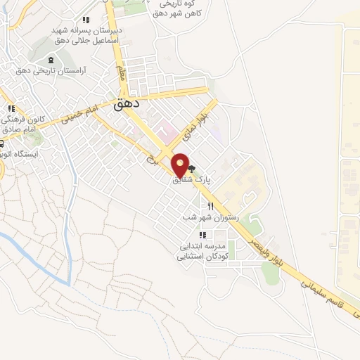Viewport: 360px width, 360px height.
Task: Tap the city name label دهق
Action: click(x=127, y=104)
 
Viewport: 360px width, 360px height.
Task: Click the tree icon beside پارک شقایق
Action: click(x=191, y=169)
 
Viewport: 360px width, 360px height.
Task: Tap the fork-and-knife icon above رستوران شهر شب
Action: click(x=210, y=206)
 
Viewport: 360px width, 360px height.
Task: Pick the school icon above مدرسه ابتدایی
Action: click(x=202, y=235)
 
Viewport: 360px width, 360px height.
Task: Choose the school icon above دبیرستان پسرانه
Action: click(x=86, y=20)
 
